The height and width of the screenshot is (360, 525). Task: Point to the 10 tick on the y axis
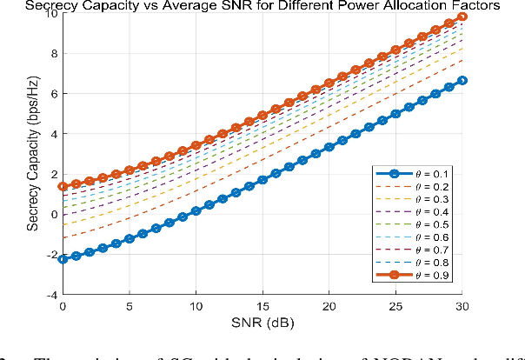pos(52,13)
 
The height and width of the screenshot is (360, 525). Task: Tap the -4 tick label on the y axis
pos(52,296)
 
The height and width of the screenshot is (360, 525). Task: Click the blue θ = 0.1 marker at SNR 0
pos(63,260)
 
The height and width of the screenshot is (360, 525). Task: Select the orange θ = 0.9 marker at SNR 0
pos(63,186)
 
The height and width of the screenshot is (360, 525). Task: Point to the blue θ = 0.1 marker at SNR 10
pos(196,211)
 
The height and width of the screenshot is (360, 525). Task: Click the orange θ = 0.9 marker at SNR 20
pos(329,83)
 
